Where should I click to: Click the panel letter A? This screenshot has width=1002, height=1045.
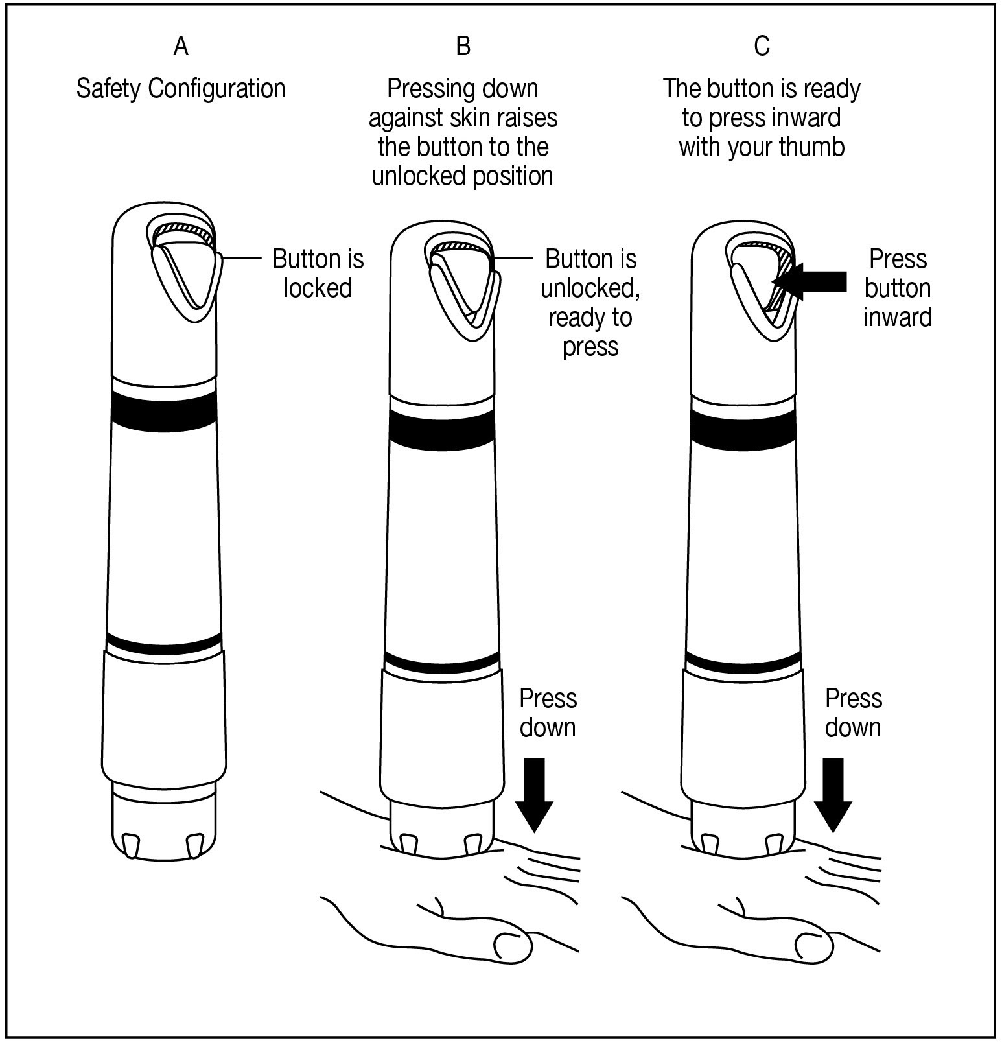[x=181, y=46]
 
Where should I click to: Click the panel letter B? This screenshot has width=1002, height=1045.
[x=463, y=46]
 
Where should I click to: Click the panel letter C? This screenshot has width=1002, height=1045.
[x=762, y=46]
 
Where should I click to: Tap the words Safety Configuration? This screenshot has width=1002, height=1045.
[x=181, y=89]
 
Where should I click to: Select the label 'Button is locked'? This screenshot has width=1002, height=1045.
[x=318, y=273]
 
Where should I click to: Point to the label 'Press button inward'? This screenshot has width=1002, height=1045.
[x=898, y=288]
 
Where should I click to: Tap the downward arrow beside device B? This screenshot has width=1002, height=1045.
[x=534, y=793]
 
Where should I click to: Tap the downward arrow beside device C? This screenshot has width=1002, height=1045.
[x=833, y=793]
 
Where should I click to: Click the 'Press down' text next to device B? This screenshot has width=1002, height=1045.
[x=548, y=713]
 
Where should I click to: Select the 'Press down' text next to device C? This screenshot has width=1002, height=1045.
[x=853, y=713]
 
